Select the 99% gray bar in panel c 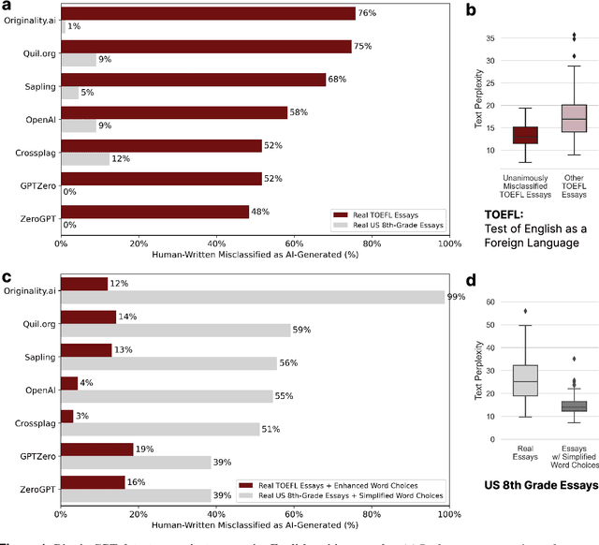[253, 297]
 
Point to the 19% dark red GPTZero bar [97, 449]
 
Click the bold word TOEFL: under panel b [504, 214]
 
